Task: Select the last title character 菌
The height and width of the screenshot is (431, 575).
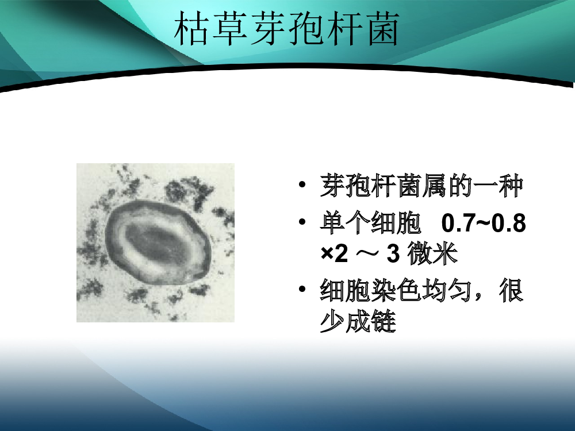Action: pos(381,28)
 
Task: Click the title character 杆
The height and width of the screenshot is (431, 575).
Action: pos(344,28)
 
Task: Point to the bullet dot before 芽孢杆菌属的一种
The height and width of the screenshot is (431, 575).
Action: pos(302,184)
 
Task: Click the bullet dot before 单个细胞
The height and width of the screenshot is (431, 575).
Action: pos(302,222)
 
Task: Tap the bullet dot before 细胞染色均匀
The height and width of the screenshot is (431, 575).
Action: pos(302,289)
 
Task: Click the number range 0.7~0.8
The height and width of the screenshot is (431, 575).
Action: pos(484,223)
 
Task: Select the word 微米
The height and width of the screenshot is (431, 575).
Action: pos(433,253)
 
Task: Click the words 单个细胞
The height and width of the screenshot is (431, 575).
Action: pos(370,222)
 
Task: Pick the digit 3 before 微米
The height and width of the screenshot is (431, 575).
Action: pos(393,253)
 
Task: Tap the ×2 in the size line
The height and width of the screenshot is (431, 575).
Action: pos(334,253)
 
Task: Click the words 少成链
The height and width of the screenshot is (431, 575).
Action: pos(358,321)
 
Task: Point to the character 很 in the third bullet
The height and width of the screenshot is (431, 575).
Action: pos(511,290)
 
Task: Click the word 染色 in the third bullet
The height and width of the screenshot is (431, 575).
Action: pos(396,290)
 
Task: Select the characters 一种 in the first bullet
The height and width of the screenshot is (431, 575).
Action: pos(497,186)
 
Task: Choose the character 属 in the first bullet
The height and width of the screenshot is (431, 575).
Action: pos(434,186)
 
